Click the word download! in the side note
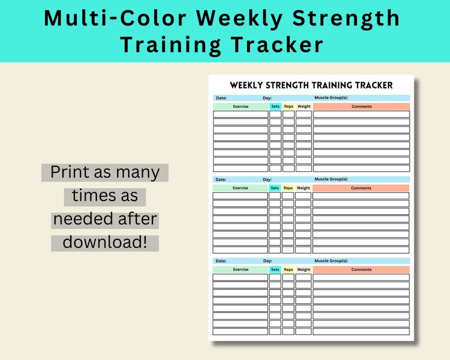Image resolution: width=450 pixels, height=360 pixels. [105, 242]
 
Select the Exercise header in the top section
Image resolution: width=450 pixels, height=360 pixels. [241, 107]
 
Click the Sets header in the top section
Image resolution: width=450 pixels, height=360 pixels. [275, 107]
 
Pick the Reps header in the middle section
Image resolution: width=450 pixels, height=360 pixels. [288, 188]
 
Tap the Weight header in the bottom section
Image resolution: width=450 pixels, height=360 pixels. [303, 270]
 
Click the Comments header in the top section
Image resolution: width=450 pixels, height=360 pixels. [362, 107]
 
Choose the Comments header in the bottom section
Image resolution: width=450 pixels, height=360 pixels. [361, 270]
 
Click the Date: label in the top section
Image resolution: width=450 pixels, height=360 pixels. [221, 98]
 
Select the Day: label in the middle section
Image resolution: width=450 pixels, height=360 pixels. [267, 180]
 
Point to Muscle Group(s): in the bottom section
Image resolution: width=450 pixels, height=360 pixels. [330, 261]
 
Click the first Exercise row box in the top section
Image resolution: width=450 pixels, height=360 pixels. [241, 115]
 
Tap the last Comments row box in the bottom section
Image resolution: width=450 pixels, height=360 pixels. [361, 332]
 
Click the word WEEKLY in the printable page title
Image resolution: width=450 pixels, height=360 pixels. [248, 86]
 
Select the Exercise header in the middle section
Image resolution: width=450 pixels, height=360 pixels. [240, 188]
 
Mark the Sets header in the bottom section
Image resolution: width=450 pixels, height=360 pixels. [275, 270]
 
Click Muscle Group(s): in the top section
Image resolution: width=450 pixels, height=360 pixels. [332, 98]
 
